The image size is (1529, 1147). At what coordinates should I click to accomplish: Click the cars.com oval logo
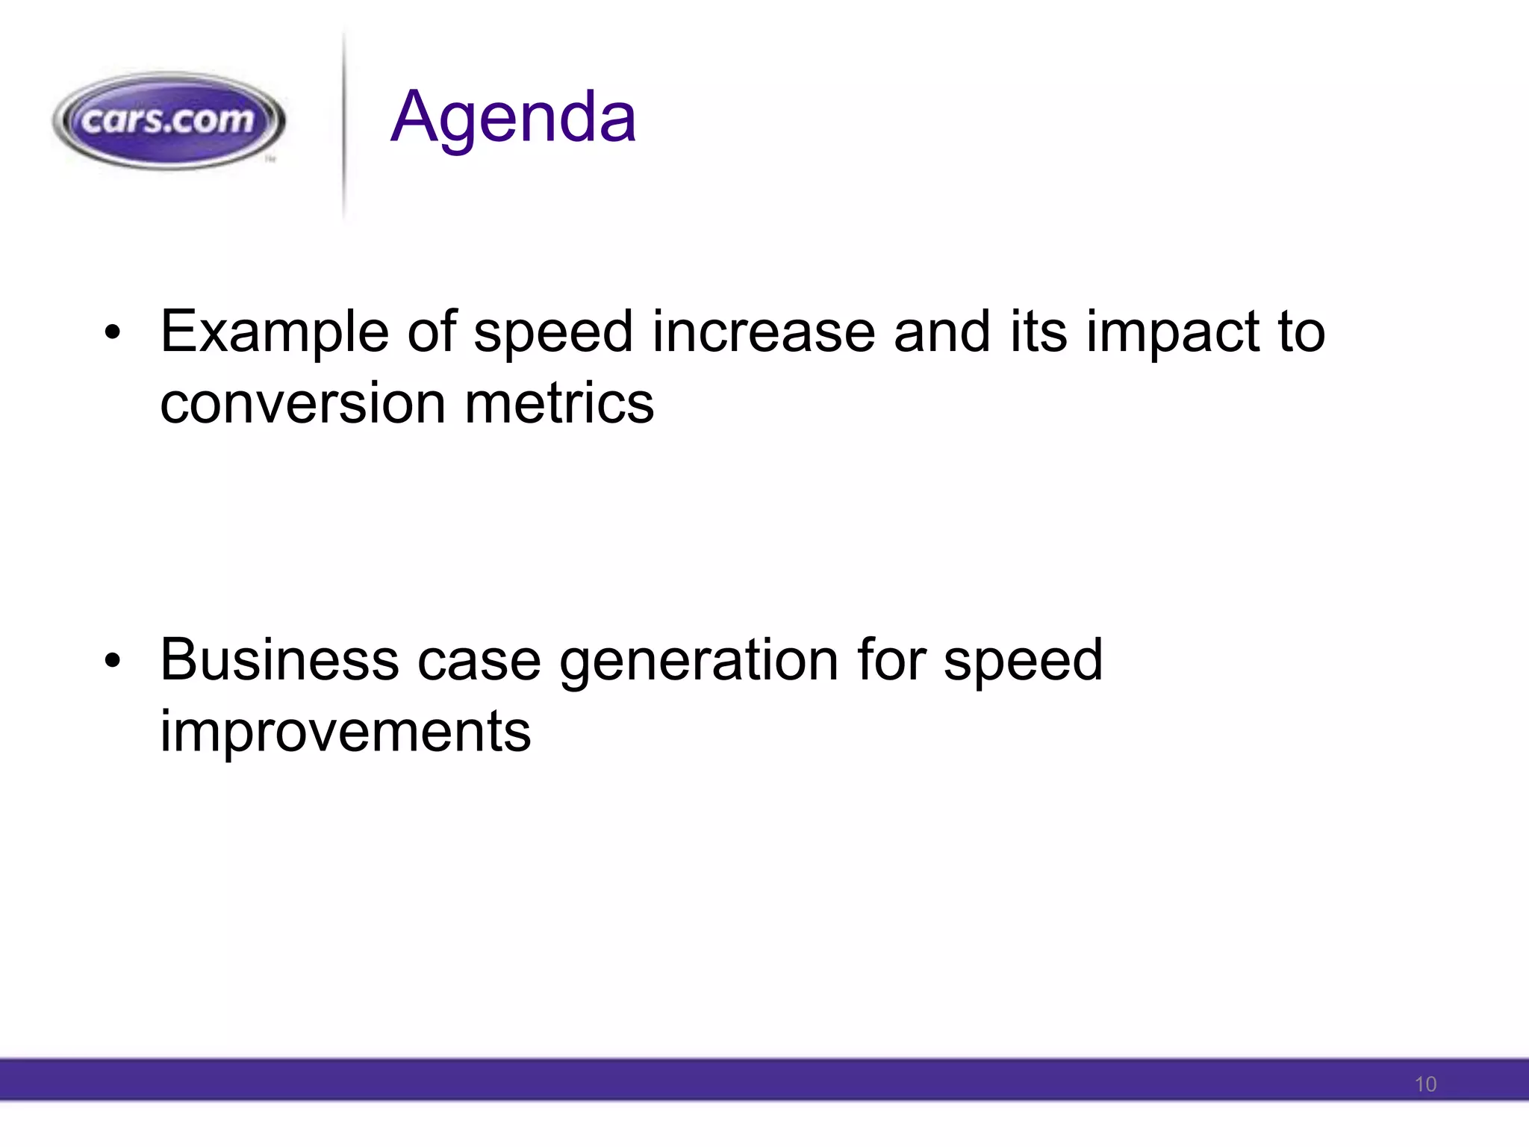click(169, 120)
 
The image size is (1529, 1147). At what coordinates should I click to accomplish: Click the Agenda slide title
click(513, 117)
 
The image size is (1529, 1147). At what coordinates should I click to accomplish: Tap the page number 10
click(1424, 1084)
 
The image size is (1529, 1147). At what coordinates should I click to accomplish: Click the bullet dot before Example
click(112, 332)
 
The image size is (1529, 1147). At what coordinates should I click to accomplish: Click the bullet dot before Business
click(112, 661)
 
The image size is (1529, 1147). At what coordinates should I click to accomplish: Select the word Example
click(274, 332)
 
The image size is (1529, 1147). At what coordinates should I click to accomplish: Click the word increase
click(763, 332)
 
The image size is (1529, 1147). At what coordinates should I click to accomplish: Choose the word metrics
click(559, 404)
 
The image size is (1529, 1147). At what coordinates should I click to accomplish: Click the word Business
click(279, 660)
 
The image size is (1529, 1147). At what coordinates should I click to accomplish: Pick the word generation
click(699, 660)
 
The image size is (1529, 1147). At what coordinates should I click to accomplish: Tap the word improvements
click(345, 732)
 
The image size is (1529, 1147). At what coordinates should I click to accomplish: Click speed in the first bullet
click(553, 332)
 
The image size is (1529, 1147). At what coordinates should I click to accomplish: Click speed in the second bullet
click(1022, 660)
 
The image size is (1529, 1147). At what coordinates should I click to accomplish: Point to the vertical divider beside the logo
click(343, 127)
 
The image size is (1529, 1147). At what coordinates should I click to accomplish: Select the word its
click(1038, 332)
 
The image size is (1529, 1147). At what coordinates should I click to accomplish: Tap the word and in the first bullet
click(943, 332)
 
